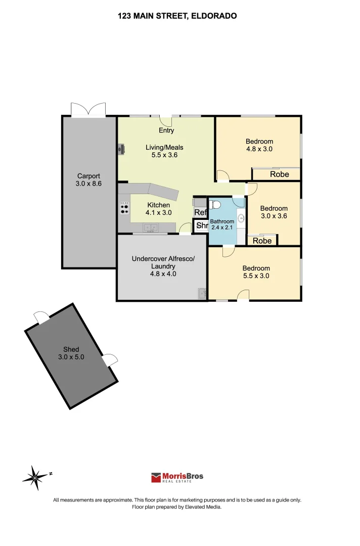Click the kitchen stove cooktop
point(124,208)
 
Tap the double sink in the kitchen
point(151,228)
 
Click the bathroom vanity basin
point(241,218)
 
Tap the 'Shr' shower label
point(201,226)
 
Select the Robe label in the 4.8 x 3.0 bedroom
point(279,174)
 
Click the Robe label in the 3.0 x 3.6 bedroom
point(262,241)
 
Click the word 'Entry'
point(166,130)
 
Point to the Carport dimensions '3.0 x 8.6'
point(88,184)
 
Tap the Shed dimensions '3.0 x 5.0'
point(71,357)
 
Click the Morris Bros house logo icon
point(156,477)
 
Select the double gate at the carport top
point(88,110)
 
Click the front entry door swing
point(166,121)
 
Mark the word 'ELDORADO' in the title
point(214,16)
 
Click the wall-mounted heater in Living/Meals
point(121,149)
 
